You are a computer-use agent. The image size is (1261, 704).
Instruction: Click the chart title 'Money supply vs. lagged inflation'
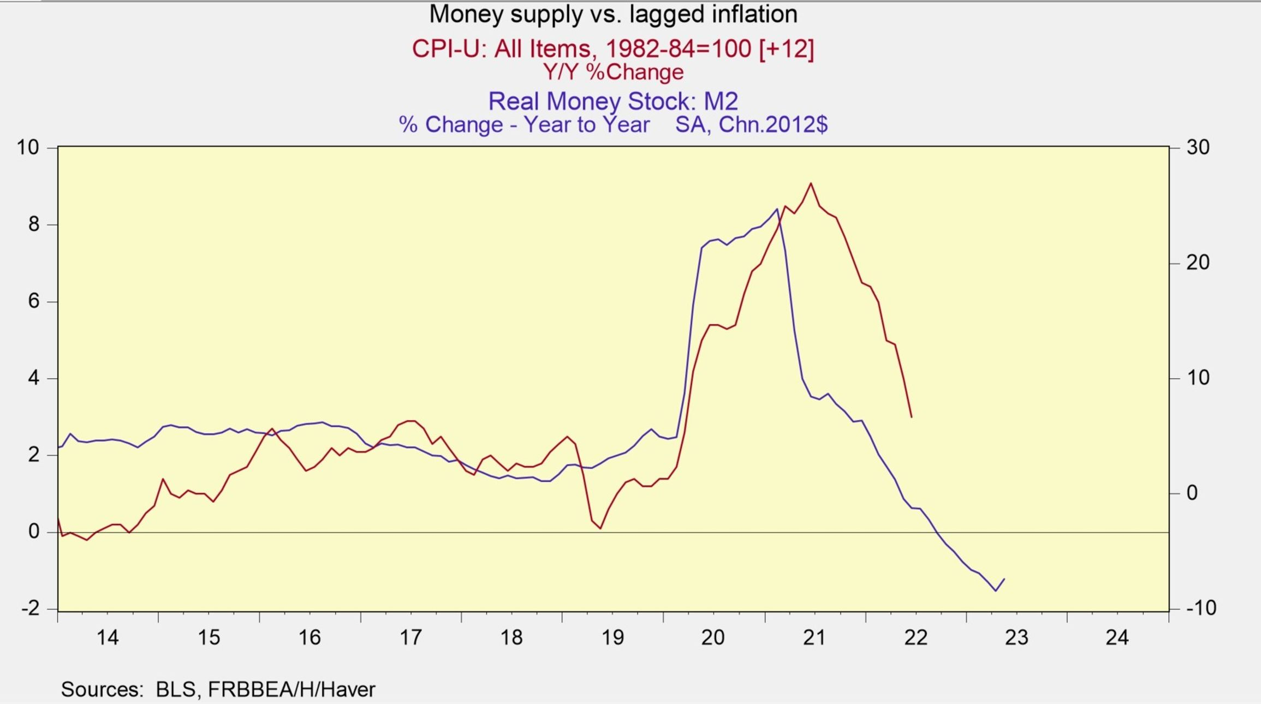(613, 14)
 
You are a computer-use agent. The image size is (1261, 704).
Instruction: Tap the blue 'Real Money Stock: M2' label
(612, 101)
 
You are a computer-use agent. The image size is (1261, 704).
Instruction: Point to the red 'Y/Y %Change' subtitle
(612, 72)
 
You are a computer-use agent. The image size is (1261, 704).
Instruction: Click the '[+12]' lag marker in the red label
(786, 49)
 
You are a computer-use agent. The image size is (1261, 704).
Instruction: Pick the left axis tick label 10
(28, 147)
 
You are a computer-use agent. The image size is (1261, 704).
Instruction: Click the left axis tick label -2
(31, 608)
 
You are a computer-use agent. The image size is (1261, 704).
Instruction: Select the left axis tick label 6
(34, 301)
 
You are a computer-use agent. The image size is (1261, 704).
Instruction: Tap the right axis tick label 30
(1198, 147)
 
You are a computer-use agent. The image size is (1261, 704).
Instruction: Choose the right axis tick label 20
(1198, 262)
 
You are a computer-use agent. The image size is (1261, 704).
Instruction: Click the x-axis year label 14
(108, 637)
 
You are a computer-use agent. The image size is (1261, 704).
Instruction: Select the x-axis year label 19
(612, 637)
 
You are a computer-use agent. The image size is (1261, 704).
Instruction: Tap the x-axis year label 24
(1117, 637)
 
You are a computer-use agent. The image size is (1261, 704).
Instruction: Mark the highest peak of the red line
(811, 183)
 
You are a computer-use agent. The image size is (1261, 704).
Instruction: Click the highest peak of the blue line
(777, 209)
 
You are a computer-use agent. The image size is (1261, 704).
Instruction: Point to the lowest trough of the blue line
(996, 590)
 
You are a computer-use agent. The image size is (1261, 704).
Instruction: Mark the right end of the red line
(911, 417)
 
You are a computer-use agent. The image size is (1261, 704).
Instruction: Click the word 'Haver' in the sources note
(348, 689)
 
